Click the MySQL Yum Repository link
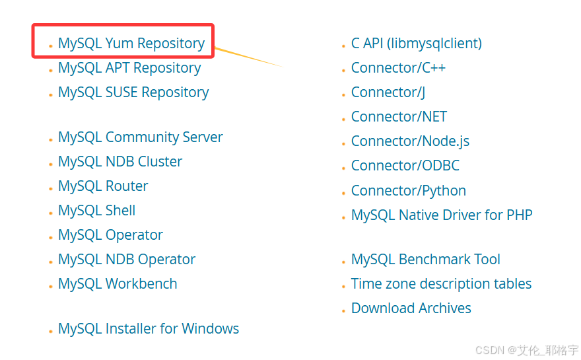pyautogui.click(x=131, y=44)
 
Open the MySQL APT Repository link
pyautogui.click(x=129, y=68)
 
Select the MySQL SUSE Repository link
pyautogui.click(x=133, y=92)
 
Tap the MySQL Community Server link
pyautogui.click(x=140, y=137)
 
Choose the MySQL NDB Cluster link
pyautogui.click(x=120, y=162)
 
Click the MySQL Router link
pyautogui.click(x=103, y=186)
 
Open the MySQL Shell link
pyautogui.click(x=96, y=211)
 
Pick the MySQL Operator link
pyautogui.click(x=110, y=235)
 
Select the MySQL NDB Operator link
pyautogui.click(x=127, y=260)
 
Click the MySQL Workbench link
pyautogui.click(x=118, y=284)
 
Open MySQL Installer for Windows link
pyautogui.click(x=149, y=329)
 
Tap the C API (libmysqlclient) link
pyautogui.click(x=416, y=44)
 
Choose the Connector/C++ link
pyautogui.click(x=398, y=68)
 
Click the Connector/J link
pyautogui.click(x=388, y=92)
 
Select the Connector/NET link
pyautogui.click(x=399, y=117)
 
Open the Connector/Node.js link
pyautogui.click(x=410, y=141)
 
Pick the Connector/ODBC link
pyautogui.click(x=405, y=166)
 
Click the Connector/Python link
pyautogui.click(x=409, y=191)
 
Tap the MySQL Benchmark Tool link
pyautogui.click(x=426, y=260)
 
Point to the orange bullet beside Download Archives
pyautogui.click(x=343, y=310)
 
